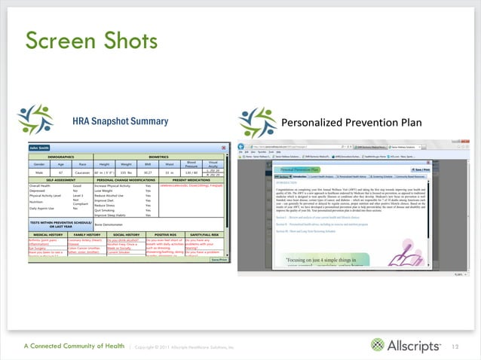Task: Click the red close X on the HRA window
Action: [224, 148]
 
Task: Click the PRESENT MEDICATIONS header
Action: [191, 200]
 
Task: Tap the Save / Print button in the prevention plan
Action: [441, 170]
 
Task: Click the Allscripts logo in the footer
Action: [408, 346]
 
